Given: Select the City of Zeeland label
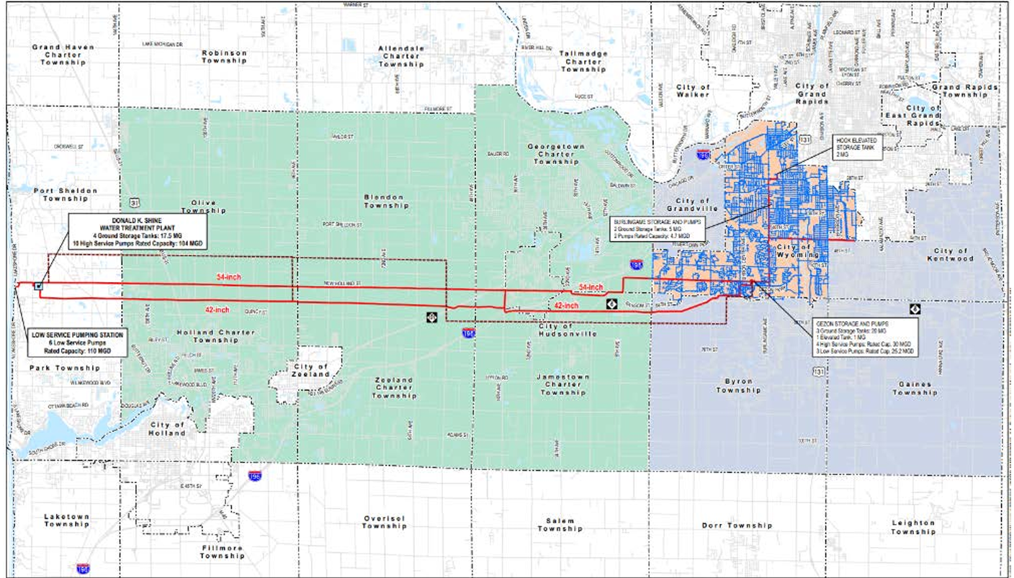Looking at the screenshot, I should click(312, 371).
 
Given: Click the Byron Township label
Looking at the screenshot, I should click(734, 385).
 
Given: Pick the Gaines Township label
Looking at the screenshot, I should click(915, 388).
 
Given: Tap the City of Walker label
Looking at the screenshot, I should click(693, 91).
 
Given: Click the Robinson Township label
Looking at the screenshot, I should click(224, 56).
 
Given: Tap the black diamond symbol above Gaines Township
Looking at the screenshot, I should click(915, 309).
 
